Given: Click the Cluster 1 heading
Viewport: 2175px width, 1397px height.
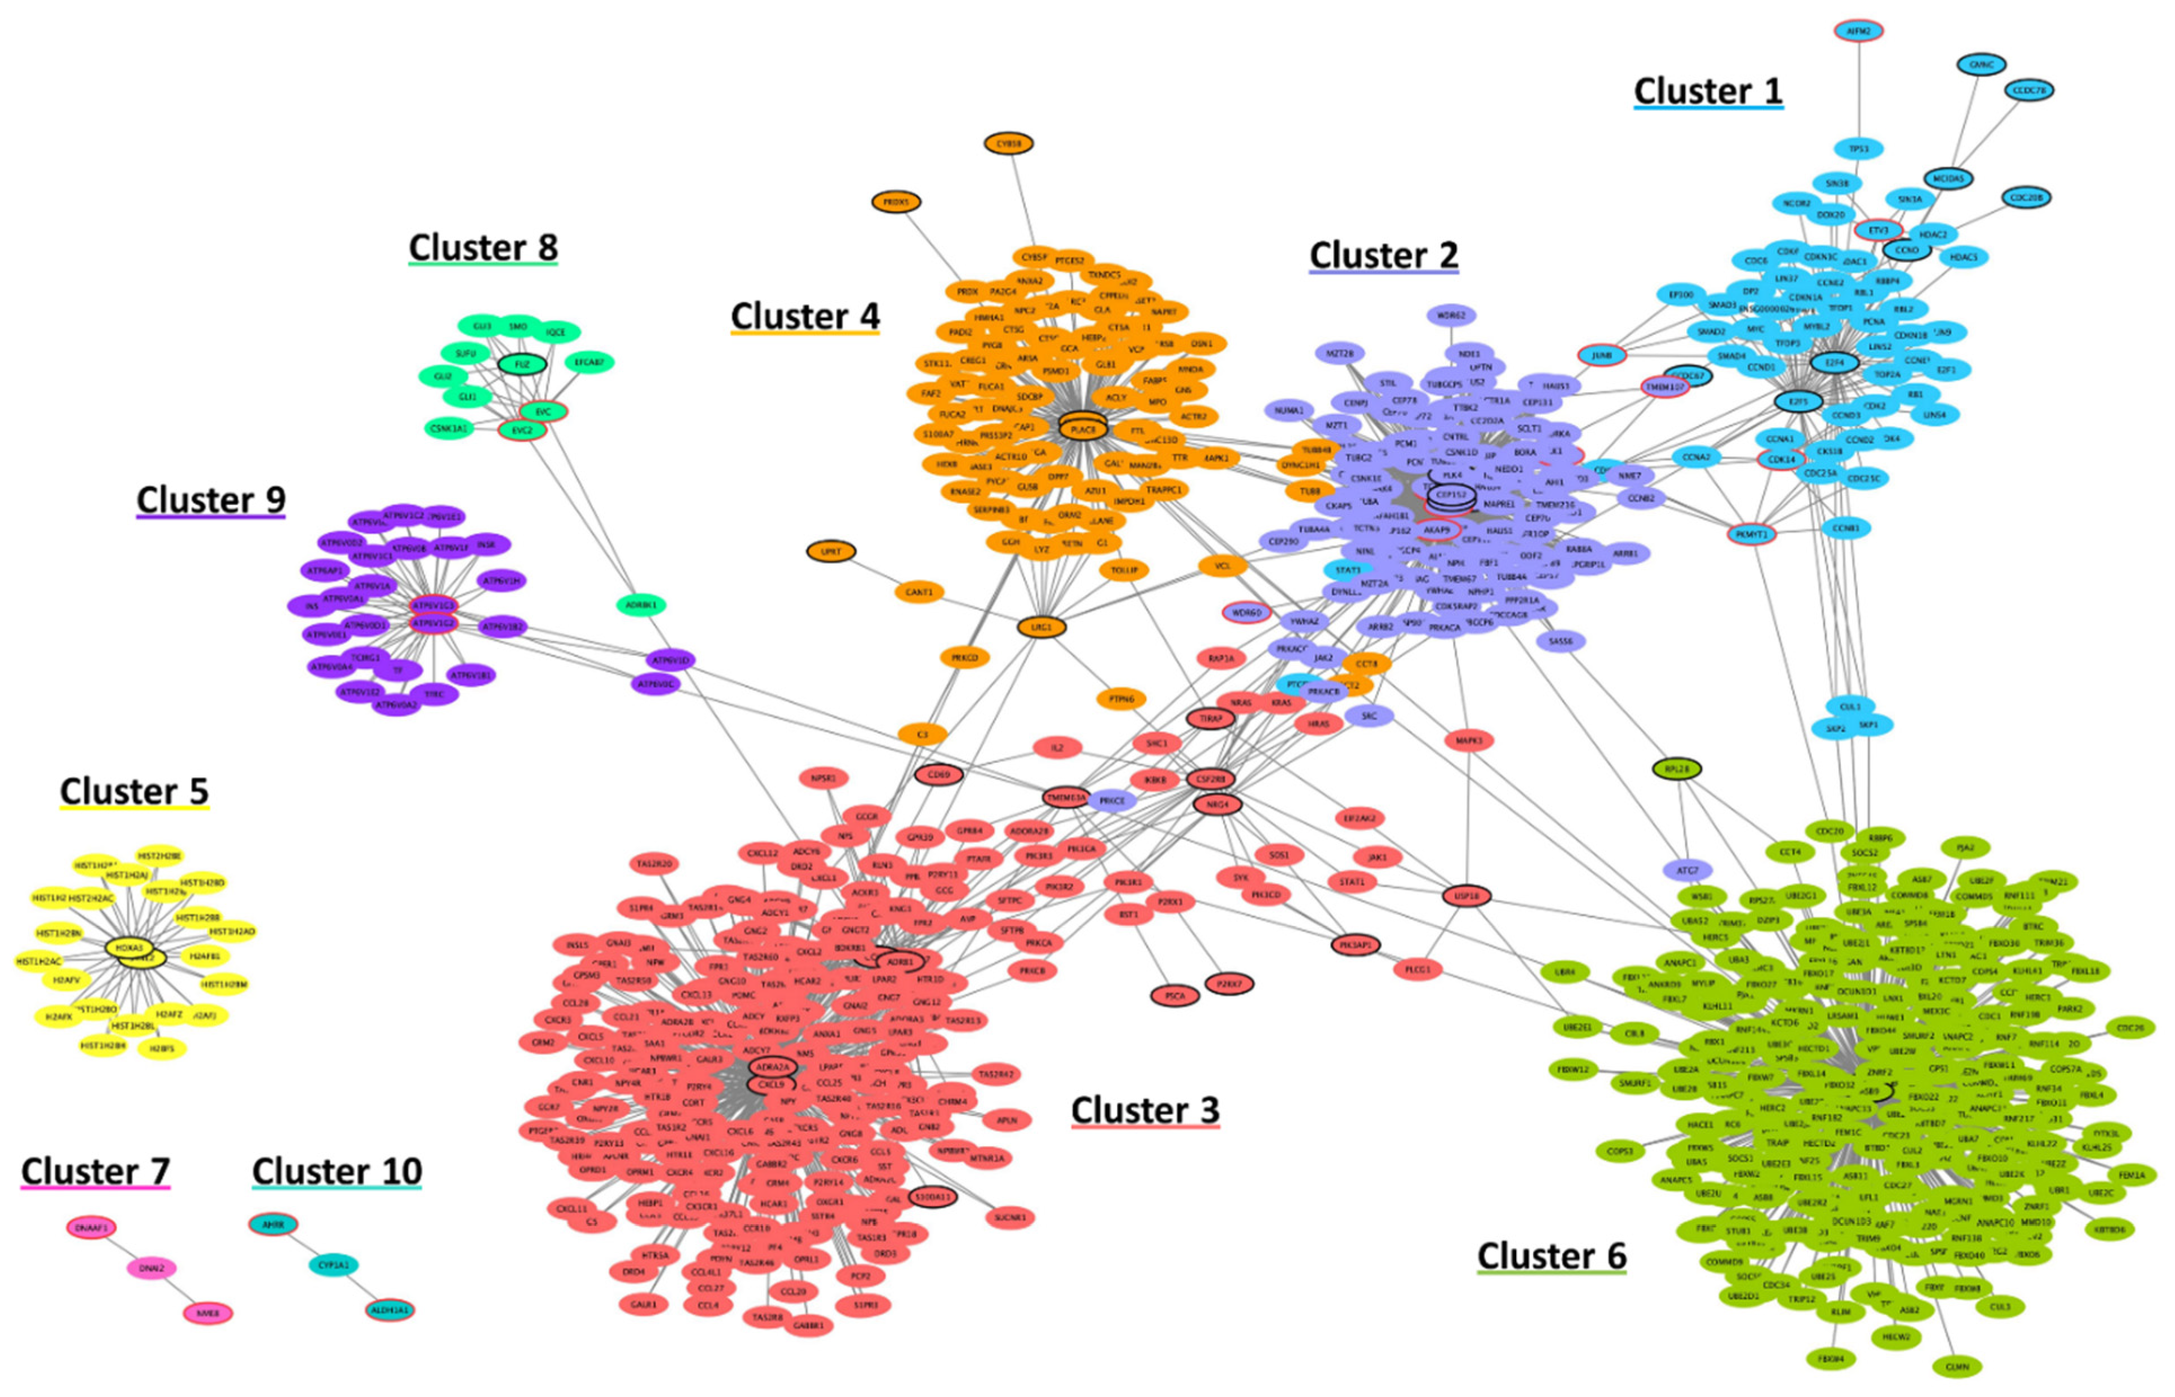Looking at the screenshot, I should click(1708, 92).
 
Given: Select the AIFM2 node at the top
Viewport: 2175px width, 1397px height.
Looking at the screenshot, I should click(1858, 31).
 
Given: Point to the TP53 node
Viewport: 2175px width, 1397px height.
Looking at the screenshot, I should click(1858, 148).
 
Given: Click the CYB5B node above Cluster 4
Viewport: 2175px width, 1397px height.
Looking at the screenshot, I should click(1008, 143).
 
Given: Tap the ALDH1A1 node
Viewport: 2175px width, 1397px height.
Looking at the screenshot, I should click(389, 1310).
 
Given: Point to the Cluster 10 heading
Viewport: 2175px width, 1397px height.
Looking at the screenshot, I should click(336, 1171).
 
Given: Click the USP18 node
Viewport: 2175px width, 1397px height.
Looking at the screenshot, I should click(1466, 896).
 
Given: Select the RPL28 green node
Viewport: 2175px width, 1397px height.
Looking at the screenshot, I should click(1677, 769).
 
